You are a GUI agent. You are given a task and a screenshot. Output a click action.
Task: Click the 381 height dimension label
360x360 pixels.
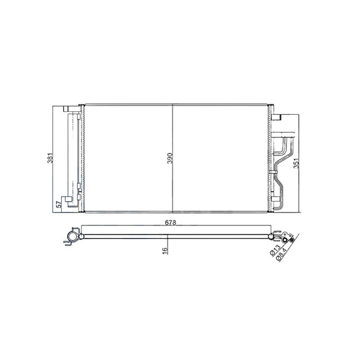tap(50, 158)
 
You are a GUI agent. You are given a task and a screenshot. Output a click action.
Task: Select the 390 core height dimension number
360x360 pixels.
tap(170, 158)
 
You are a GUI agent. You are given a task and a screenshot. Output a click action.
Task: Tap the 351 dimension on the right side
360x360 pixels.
tap(297, 163)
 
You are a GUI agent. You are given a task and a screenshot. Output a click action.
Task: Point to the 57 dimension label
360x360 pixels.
tap(59, 204)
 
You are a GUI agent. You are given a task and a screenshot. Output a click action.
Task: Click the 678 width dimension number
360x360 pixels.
tap(171, 222)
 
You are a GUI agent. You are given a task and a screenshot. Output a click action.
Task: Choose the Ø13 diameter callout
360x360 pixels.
tap(275, 250)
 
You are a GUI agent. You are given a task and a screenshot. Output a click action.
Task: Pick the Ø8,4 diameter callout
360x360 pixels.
tap(282, 255)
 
